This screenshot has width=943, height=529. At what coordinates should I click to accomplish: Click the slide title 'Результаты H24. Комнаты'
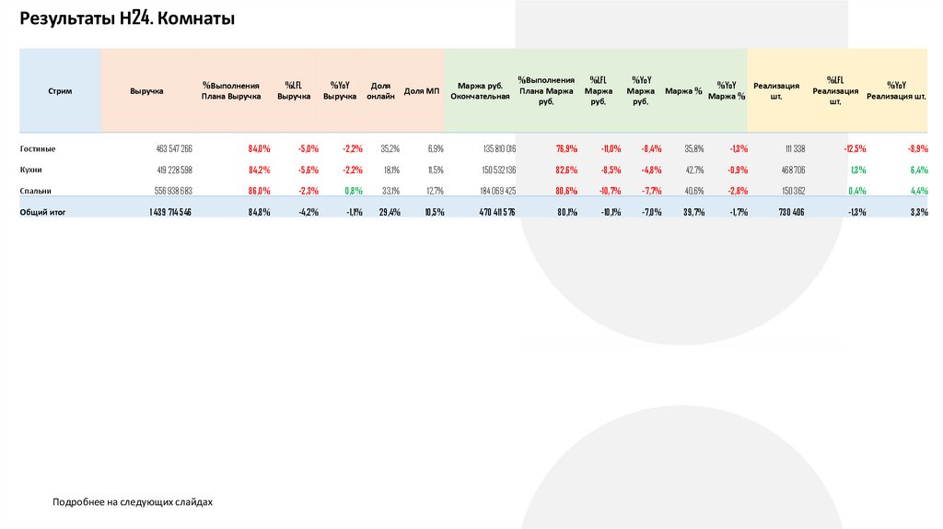point(128,18)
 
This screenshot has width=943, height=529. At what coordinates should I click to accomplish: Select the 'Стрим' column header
point(60,91)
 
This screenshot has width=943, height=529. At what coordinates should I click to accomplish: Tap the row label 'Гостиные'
point(38,148)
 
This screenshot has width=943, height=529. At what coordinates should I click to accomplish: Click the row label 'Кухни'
point(31,170)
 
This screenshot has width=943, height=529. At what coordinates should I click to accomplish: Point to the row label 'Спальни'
point(35,191)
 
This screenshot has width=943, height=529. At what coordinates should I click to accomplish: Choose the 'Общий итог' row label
point(43,212)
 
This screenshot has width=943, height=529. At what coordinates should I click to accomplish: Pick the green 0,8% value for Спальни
point(354,191)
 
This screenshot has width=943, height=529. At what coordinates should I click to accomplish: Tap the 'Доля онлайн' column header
point(380,90)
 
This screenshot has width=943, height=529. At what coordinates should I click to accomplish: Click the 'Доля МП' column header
point(422,91)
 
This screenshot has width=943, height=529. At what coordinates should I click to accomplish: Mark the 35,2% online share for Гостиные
point(390,148)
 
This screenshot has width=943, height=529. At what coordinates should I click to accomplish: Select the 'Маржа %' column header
point(683,91)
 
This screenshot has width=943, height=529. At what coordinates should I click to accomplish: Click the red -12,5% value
point(854,148)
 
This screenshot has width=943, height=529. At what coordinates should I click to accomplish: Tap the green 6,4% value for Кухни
point(917,170)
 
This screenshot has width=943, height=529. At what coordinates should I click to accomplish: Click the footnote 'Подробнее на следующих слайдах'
point(133,502)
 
